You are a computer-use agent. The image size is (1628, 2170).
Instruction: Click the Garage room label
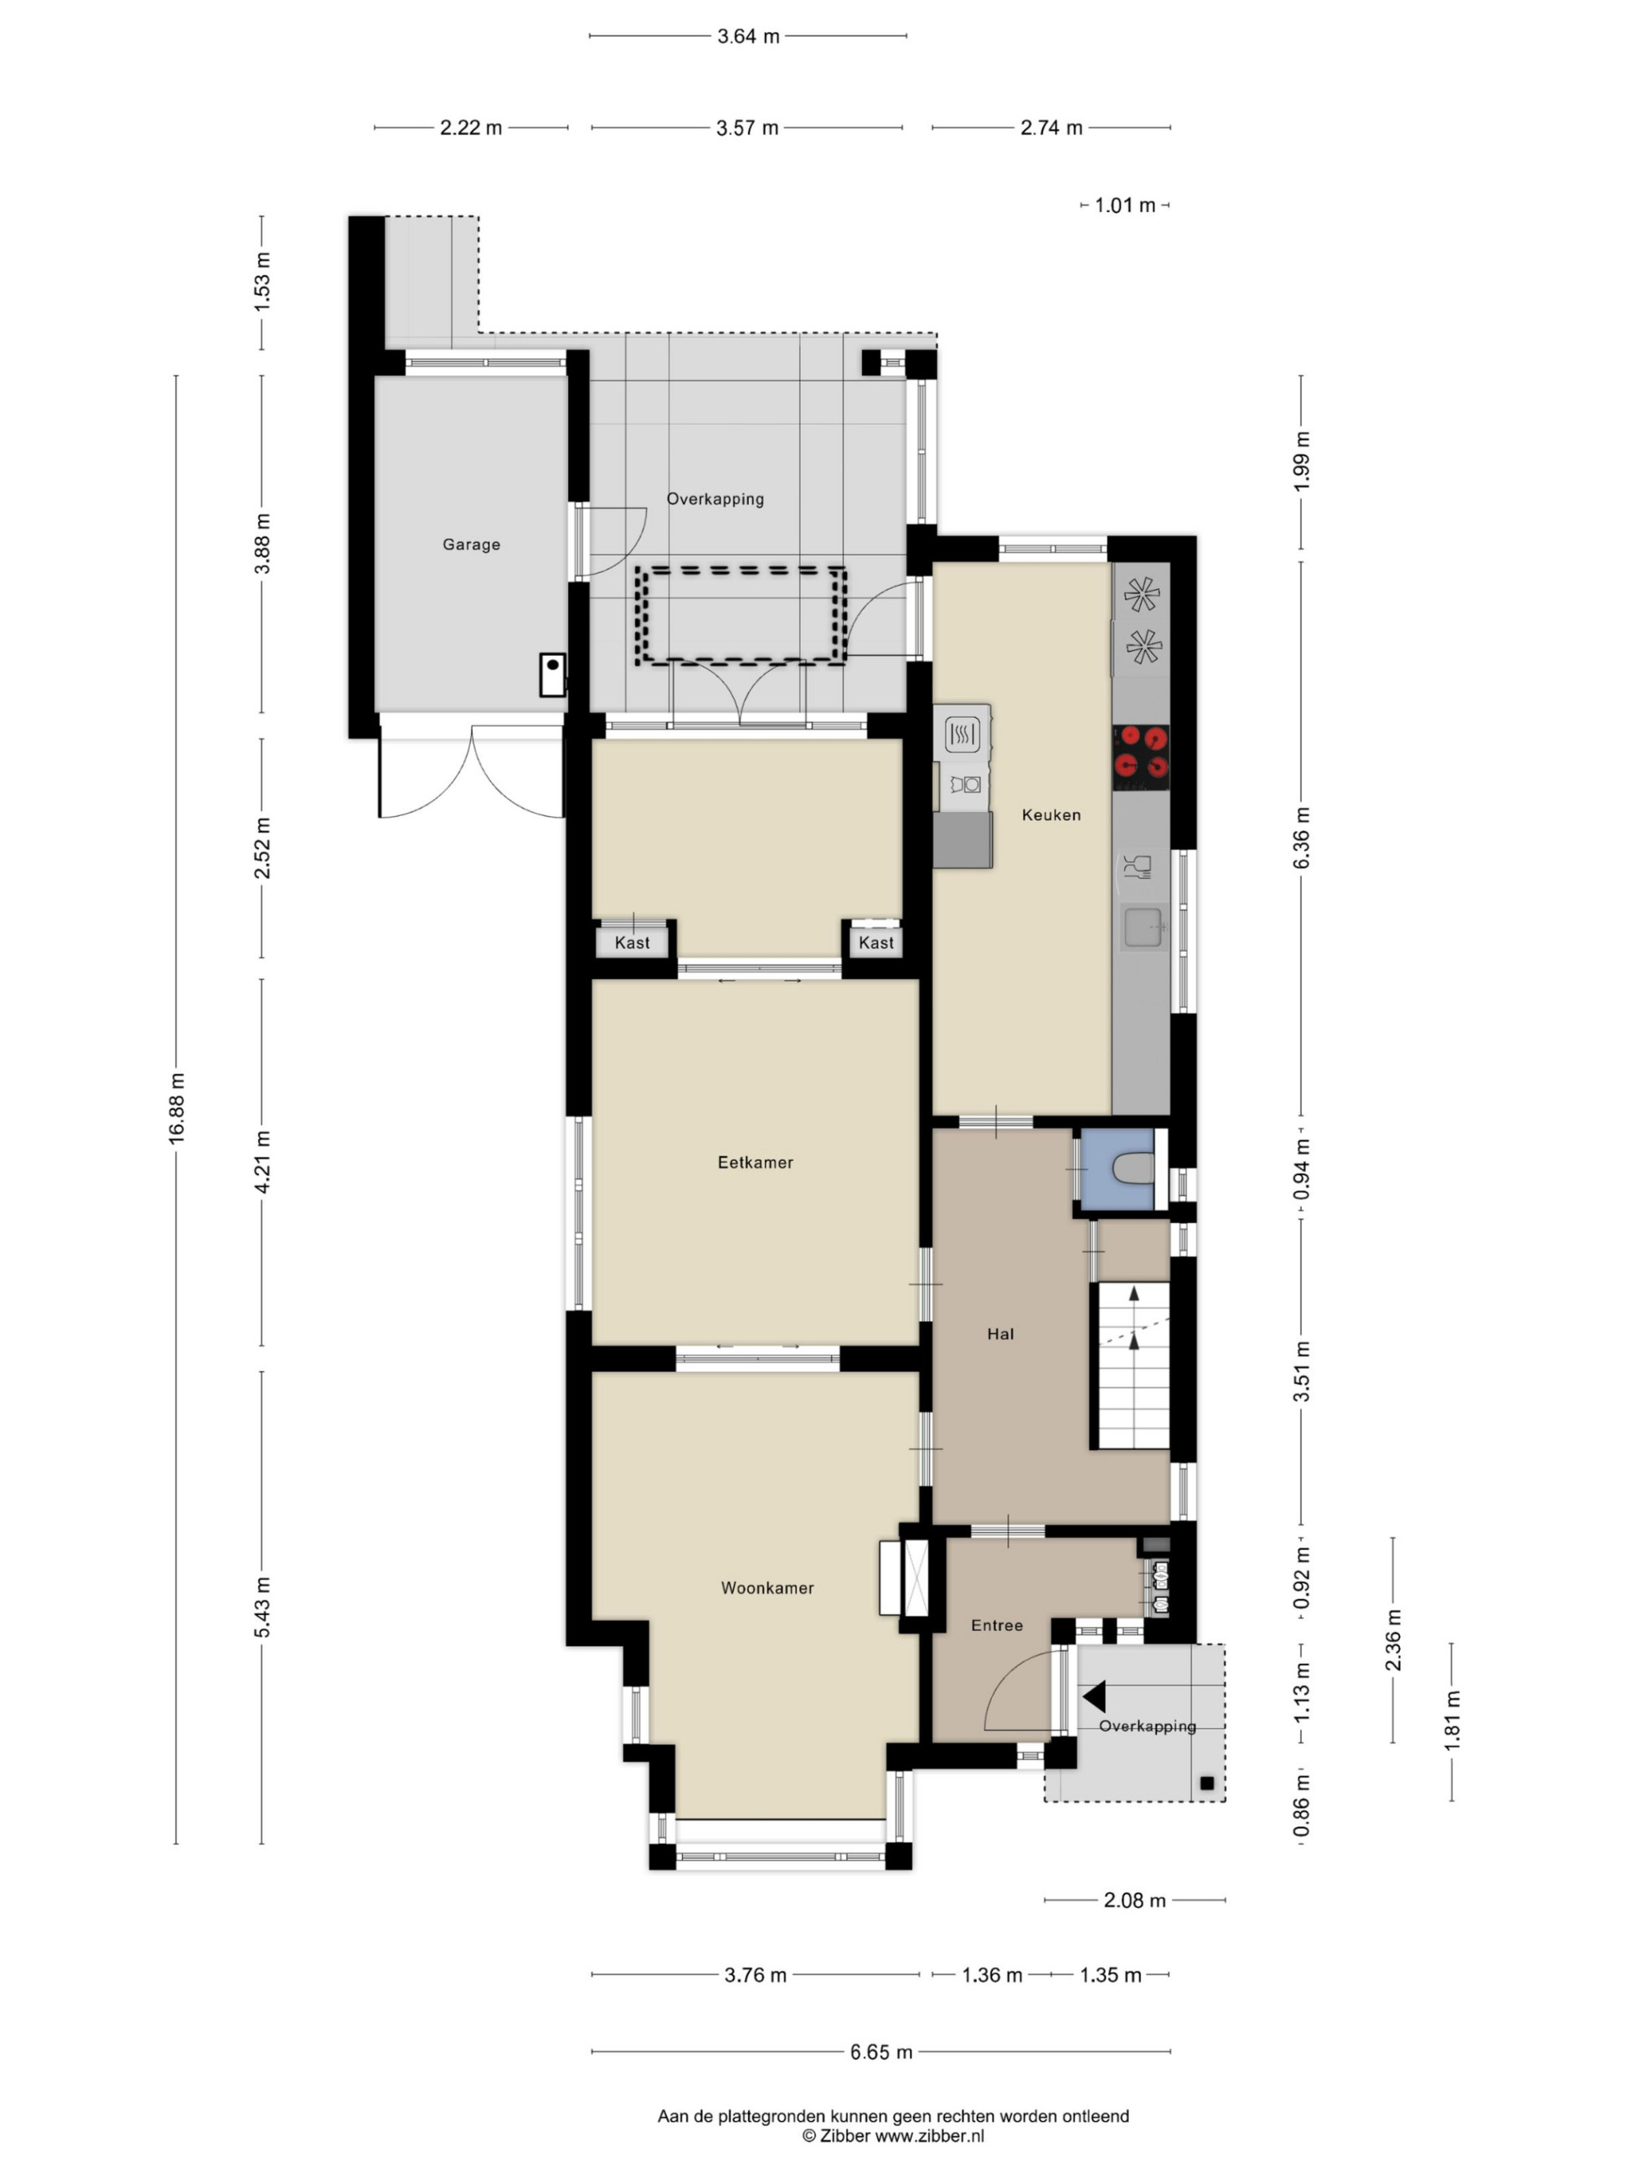(x=471, y=544)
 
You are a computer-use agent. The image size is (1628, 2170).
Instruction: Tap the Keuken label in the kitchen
(x=1051, y=814)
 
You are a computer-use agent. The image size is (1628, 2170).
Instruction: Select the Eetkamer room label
(x=755, y=1163)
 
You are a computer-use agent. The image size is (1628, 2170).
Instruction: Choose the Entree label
(x=997, y=1626)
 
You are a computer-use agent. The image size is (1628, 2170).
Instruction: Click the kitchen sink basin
(x=1143, y=927)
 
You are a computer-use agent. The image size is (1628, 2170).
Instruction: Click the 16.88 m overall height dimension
(x=177, y=1108)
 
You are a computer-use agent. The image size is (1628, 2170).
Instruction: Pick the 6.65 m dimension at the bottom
(x=882, y=2050)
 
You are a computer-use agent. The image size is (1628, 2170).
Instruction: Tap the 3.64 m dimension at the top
(x=748, y=37)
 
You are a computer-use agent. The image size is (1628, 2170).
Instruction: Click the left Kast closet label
(x=632, y=943)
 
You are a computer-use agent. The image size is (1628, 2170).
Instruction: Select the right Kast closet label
(x=877, y=943)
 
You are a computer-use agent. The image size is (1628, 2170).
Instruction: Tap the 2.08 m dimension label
(x=1136, y=1900)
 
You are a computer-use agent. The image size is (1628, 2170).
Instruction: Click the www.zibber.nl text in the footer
(x=930, y=2136)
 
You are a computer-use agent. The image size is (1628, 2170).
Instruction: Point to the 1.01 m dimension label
(x=1126, y=205)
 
